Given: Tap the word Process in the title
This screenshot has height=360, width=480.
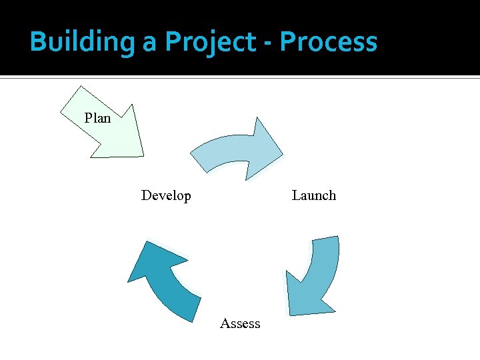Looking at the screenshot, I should point(329,42).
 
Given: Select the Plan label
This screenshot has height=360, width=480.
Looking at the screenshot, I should point(97,119).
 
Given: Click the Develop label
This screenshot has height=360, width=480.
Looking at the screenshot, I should point(166,195).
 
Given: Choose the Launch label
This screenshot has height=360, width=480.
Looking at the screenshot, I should point(313,195).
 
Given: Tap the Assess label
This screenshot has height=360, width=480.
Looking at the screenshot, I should point(240,323).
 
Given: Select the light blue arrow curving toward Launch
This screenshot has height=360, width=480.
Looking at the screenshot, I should point(233,152).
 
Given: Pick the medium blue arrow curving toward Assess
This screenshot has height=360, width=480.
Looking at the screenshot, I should point(317,273).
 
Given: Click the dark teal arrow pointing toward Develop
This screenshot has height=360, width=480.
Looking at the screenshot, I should point(163,280).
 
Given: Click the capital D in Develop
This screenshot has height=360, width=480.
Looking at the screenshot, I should point(146,195).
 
